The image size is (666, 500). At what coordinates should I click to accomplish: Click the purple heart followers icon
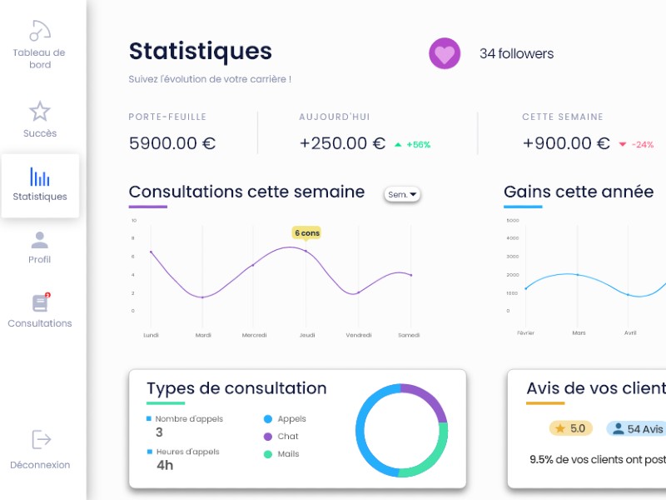tap(445, 54)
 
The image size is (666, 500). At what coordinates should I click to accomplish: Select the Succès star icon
tap(40, 111)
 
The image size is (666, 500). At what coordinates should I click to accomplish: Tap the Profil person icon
tap(40, 241)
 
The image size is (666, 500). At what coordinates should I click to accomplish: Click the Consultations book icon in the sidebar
tap(40, 303)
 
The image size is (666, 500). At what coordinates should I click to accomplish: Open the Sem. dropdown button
tap(403, 194)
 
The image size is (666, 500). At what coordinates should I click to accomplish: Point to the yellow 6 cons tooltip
tap(306, 233)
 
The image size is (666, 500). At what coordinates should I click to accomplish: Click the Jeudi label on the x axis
tap(306, 335)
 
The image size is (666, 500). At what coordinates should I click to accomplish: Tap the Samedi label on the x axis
tap(409, 335)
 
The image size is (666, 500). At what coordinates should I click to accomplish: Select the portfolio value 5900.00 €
tap(172, 143)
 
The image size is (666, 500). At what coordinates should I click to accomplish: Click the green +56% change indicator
tap(413, 145)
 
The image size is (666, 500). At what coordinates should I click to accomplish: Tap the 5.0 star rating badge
tap(570, 428)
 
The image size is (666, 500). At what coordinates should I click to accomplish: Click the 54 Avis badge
tap(639, 428)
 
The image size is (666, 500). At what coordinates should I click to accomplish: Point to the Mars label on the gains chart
tap(579, 332)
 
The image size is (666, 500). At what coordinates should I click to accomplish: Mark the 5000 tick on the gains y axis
tap(512, 221)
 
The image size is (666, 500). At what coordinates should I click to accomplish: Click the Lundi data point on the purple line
tap(151, 252)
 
